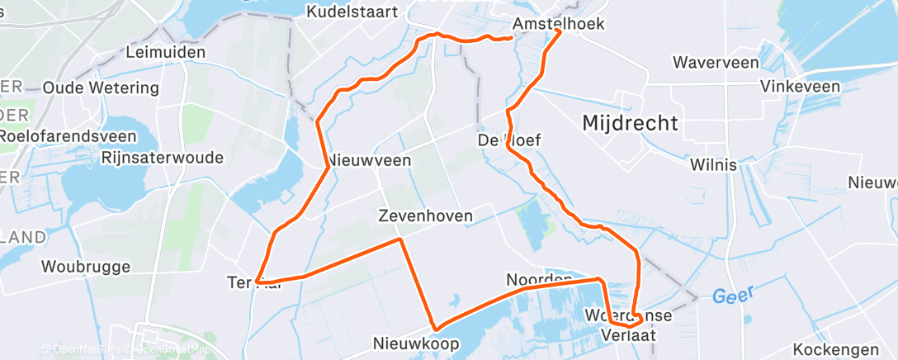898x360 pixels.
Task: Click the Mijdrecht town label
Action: pyautogui.click(x=630, y=123)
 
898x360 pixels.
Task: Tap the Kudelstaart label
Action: pyautogui.click(x=352, y=12)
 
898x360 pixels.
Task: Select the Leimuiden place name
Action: pyautogui.click(x=165, y=52)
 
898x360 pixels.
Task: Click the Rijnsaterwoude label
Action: pyautogui.click(x=163, y=157)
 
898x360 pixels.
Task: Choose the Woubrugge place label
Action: pyautogui.click(x=86, y=267)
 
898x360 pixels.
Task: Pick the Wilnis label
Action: pyautogui.click(x=714, y=165)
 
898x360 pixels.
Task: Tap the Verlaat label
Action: pyautogui.click(x=629, y=334)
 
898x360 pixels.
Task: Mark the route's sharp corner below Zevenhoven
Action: pyautogui.click(x=401, y=239)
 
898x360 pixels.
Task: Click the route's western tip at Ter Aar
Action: pyautogui.click(x=258, y=282)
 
